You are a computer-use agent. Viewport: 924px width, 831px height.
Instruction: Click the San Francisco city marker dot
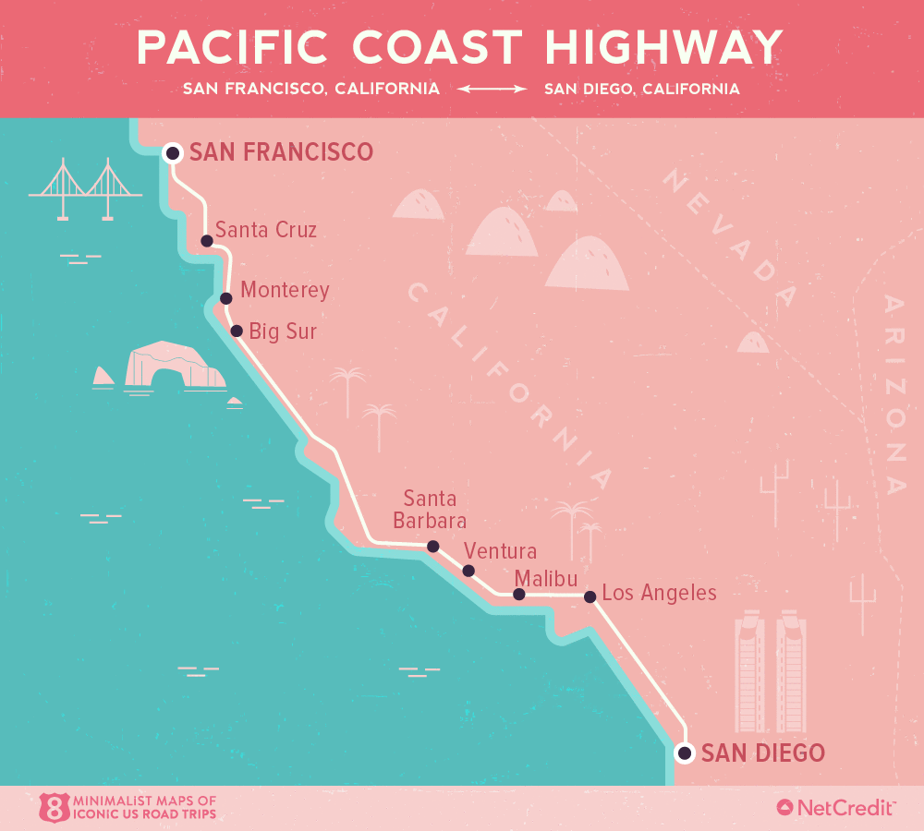172,152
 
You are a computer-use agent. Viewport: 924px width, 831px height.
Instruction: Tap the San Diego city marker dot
684,753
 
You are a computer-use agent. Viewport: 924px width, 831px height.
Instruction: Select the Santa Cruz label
265,230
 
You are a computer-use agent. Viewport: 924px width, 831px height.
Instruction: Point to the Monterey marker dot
226,298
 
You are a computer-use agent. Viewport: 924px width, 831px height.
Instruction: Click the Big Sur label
283,331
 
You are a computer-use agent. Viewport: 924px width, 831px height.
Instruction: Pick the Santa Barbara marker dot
432,546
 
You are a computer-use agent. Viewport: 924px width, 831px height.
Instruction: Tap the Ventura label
500,551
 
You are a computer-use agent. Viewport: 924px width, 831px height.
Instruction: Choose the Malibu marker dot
519,595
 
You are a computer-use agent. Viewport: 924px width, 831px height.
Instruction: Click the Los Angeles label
659,593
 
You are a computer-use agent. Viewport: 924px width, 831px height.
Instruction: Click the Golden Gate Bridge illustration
86,189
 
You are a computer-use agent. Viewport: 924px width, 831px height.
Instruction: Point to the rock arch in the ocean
176,367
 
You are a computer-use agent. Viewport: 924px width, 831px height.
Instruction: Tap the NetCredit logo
835,808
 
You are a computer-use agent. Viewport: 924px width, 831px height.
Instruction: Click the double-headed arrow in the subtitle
492,90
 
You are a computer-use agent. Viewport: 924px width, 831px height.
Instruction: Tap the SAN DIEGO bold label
762,753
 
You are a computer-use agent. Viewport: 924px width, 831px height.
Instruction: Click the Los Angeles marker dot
590,596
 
